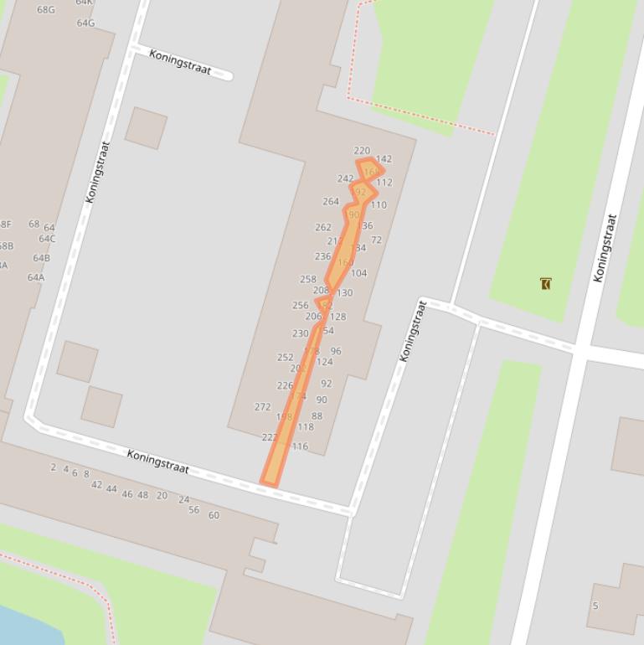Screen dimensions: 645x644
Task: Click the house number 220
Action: coord(362,151)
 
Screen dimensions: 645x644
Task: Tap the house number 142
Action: coord(384,158)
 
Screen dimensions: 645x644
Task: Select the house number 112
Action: coord(384,182)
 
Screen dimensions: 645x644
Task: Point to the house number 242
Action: coord(345,178)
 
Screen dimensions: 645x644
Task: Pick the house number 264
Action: coord(331,201)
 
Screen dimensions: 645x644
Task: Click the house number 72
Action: coord(376,240)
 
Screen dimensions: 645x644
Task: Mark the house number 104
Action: coord(358,273)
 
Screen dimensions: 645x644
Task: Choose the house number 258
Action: coord(308,279)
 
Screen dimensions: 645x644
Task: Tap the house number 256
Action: coord(300,305)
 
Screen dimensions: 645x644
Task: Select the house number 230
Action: coord(300,333)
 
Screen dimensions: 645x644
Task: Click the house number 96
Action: coord(336,351)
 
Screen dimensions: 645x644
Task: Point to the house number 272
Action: coord(262,406)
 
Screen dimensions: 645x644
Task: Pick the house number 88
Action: coord(317,415)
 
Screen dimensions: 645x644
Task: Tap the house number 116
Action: coord(300,446)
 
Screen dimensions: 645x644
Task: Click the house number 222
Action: coord(269,437)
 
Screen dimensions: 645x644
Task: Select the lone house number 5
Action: coord(595,606)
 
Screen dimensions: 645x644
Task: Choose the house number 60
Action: coord(214,515)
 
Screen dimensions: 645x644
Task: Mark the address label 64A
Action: coord(36,277)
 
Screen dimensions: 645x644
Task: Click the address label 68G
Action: coord(46,10)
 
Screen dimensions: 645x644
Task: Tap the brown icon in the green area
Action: coord(546,284)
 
